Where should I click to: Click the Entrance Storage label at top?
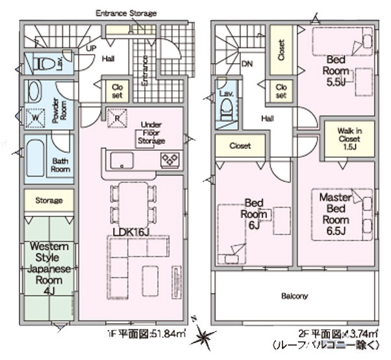[x=126, y=12]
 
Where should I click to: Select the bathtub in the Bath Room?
[x=38, y=159]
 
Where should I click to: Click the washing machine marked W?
[x=35, y=118]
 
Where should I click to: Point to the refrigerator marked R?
[x=118, y=118]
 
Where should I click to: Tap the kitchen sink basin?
[x=121, y=160]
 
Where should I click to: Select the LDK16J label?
[x=131, y=232]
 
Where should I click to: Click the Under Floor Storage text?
[x=151, y=133]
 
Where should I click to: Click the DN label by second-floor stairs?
[x=247, y=64]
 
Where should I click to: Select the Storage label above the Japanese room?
[x=49, y=201]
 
